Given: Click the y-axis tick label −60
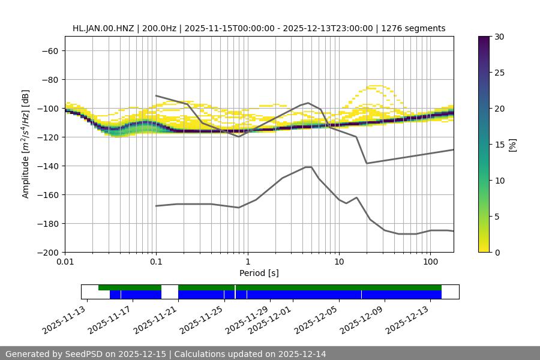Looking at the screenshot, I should coord(49,51).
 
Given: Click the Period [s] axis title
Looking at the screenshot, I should coord(259,273).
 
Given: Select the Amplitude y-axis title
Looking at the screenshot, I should coord(26,144).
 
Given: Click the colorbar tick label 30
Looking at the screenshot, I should coord(499,37).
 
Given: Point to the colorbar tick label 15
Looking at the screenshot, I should coord(499,145).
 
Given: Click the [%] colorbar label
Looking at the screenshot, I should coord(512,145).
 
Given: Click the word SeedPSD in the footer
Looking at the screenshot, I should coord(82,354).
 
